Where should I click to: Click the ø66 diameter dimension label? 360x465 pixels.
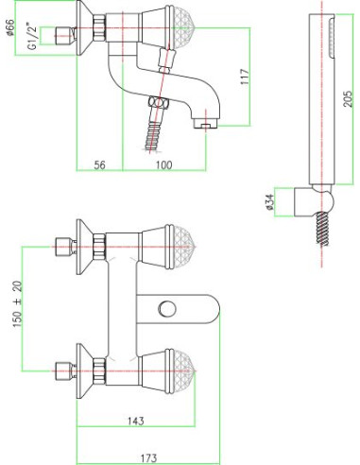point(10,27)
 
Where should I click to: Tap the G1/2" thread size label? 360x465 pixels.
point(33,37)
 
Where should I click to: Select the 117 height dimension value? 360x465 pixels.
point(245,77)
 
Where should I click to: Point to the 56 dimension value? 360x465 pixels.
point(99,164)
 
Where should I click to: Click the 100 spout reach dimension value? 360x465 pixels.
point(164,164)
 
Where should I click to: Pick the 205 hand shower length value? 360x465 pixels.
point(348,98)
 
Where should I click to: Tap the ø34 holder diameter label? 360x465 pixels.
point(270,202)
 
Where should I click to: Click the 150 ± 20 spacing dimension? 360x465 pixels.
point(18,303)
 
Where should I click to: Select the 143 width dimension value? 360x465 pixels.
point(136,421)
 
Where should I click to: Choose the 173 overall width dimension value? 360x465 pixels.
point(148,457)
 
